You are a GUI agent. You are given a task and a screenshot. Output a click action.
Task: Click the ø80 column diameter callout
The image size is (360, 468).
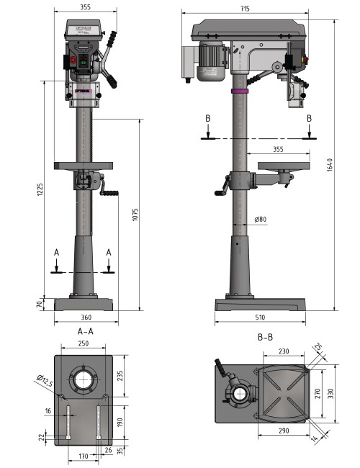click(261, 220)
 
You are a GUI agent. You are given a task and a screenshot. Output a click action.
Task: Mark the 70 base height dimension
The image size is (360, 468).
click(40, 305)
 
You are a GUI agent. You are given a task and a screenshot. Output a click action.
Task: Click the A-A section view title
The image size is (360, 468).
click(86, 332)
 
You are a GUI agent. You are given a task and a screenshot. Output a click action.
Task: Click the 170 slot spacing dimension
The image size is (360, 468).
click(84, 456)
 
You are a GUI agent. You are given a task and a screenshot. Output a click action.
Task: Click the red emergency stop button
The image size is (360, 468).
click(73, 61)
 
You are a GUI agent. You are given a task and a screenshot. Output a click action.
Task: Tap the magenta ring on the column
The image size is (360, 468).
click(239, 91)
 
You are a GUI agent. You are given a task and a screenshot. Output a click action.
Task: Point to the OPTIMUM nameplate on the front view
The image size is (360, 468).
click(83, 91)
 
